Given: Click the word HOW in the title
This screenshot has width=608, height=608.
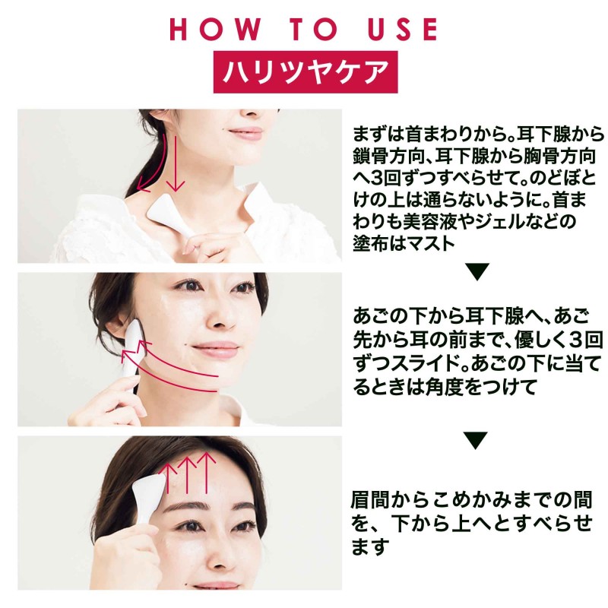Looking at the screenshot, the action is coord(216,30).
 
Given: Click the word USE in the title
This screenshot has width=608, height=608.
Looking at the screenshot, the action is coord(403,30).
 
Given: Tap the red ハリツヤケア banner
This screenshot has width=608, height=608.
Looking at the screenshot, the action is coord(306,72).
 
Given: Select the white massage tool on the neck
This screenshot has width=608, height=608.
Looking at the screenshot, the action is coord(169,215).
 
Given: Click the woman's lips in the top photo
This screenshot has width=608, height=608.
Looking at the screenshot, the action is coord(245,133).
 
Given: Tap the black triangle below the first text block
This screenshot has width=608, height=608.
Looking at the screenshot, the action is coord(477,271).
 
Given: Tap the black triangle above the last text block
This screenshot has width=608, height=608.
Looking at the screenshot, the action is coord(476,440).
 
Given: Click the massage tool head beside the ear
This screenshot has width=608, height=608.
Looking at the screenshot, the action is coord(135,337).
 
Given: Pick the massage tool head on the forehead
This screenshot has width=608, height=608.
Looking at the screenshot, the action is coord(149,489).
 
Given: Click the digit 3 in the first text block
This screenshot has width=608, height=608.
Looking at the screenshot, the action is coord(375,179).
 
